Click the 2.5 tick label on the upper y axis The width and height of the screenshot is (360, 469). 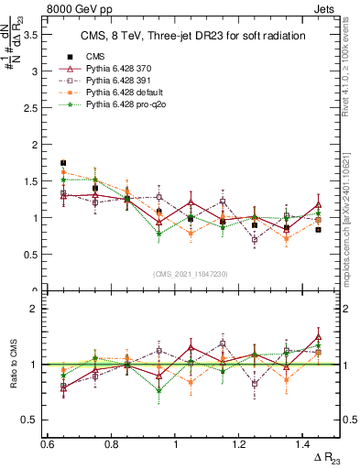click(x=35, y=108)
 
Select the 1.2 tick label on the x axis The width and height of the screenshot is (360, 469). click(x=240, y=444)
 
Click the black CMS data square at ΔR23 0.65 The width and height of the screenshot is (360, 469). click(x=62, y=163)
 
